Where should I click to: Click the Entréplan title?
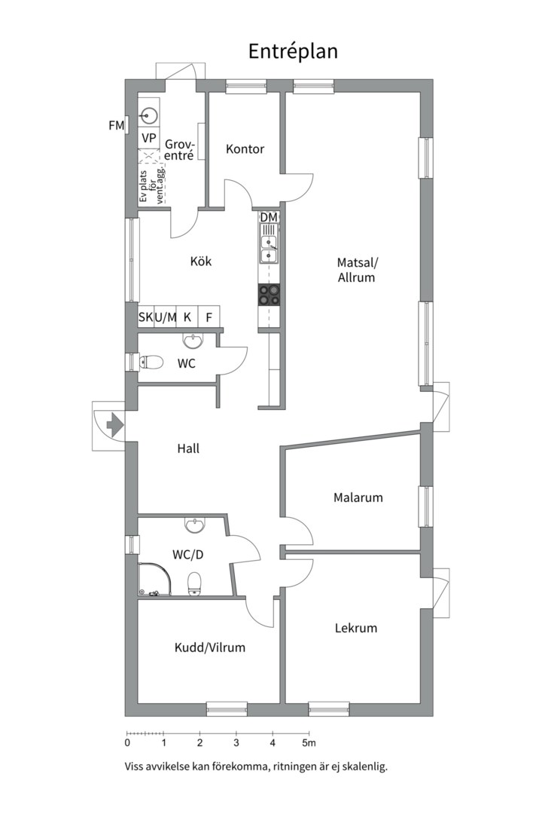(x=293, y=52)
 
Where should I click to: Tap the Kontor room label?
(x=245, y=149)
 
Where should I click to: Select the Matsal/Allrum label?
(x=356, y=269)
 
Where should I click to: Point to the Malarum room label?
(x=358, y=497)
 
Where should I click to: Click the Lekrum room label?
(x=356, y=628)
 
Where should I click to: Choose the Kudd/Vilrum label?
(x=209, y=647)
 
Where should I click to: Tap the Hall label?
(x=188, y=448)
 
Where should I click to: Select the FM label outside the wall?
(x=116, y=125)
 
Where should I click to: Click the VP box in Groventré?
(x=149, y=138)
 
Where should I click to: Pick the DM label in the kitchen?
(x=269, y=217)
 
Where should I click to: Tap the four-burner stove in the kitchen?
(x=269, y=295)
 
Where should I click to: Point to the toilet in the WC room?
(x=150, y=361)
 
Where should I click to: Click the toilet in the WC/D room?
(x=194, y=583)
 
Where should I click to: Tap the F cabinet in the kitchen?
(x=209, y=317)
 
